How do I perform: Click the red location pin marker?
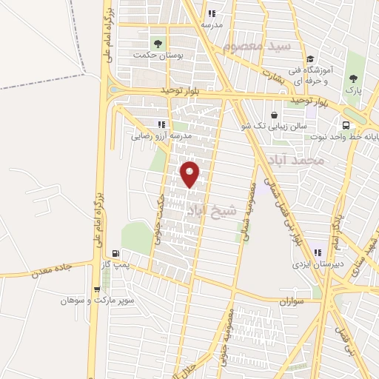pyautogui.click(x=190, y=173)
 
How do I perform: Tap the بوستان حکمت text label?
pyautogui.click(x=152, y=55)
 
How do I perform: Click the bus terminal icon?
pyautogui.click(x=346, y=124)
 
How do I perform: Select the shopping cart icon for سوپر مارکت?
pyautogui.click(x=97, y=289)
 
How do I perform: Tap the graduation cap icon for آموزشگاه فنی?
pyautogui.click(x=312, y=58)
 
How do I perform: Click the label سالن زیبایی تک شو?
pyautogui.click(x=272, y=127)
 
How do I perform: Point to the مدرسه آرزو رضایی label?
pyautogui.click(x=161, y=136)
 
